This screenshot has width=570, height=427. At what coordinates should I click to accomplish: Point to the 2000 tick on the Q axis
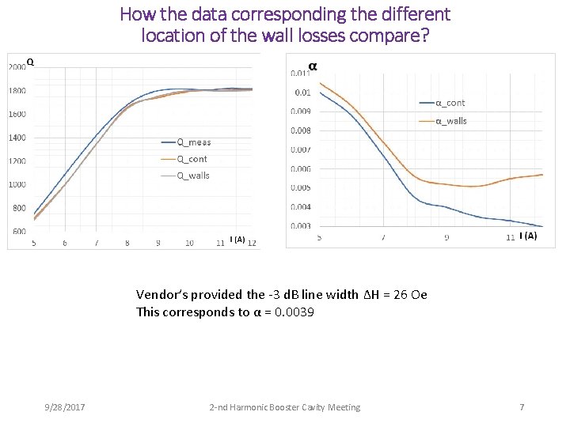[17, 67]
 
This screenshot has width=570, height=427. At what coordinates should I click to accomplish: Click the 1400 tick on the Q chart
[17, 138]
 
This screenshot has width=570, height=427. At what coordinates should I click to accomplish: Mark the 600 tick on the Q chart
[19, 232]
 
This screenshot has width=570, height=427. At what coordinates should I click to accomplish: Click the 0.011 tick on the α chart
[300, 73]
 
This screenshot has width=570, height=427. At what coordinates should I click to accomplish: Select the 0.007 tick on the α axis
[300, 149]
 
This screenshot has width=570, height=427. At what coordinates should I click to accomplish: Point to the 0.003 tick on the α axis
[300, 226]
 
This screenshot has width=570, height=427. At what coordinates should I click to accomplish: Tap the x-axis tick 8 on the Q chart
[127, 243]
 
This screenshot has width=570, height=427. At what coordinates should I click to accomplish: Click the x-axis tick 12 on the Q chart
[251, 243]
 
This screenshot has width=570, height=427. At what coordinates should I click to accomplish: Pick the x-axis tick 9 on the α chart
[446, 237]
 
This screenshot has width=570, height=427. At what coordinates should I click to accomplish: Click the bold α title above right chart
[313, 66]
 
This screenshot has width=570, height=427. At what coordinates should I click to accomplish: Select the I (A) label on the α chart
[528, 236]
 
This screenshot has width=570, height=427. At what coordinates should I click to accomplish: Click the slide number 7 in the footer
[522, 407]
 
